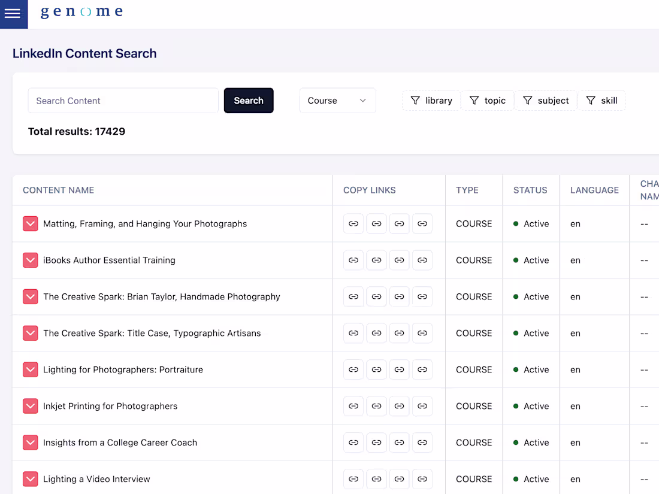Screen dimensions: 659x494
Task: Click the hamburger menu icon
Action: (x=13, y=14)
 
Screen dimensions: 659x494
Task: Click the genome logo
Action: (x=81, y=11)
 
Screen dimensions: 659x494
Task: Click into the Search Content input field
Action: (x=123, y=101)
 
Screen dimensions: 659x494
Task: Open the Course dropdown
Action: (x=337, y=101)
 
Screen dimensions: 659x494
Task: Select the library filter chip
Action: (x=431, y=101)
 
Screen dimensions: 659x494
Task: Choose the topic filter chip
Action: (x=488, y=101)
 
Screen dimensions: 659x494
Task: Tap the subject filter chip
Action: (x=546, y=101)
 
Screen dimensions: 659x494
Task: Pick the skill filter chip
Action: (x=602, y=101)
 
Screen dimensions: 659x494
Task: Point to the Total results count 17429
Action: (x=110, y=132)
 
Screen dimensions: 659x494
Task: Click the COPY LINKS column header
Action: (x=370, y=190)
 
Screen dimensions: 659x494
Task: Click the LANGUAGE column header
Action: (x=594, y=190)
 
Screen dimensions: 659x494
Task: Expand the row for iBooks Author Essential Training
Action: (x=31, y=260)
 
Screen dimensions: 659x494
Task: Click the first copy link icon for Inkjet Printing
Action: (x=353, y=406)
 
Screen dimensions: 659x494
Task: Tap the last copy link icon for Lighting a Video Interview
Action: (x=422, y=479)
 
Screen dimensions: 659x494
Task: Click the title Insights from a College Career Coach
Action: (x=120, y=443)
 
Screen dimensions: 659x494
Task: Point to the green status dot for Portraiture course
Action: (x=516, y=369)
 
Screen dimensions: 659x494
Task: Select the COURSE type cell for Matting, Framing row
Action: (x=474, y=224)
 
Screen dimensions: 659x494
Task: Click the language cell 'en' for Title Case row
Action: (x=575, y=334)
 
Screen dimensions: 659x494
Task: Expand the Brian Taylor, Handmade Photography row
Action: (x=31, y=296)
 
